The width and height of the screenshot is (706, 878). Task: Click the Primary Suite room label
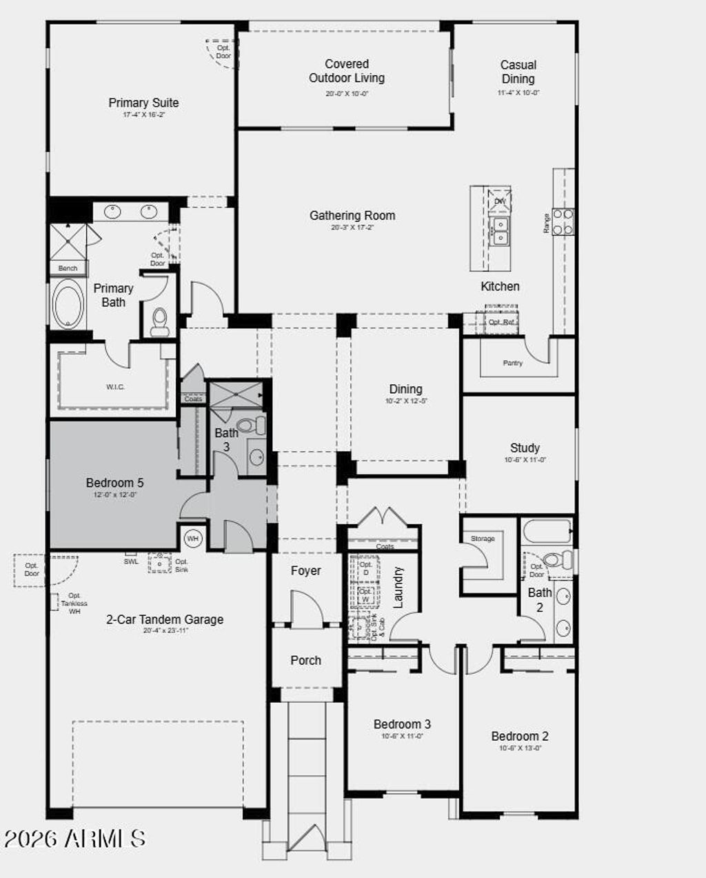[x=143, y=103]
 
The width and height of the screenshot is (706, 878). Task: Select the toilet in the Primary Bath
[x=160, y=321]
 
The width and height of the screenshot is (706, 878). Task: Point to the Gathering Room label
[x=352, y=216]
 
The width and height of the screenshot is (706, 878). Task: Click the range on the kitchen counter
[x=563, y=221]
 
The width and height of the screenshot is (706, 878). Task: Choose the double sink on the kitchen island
[x=499, y=231]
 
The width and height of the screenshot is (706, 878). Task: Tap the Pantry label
[x=513, y=363]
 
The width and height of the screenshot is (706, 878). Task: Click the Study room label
[x=525, y=448]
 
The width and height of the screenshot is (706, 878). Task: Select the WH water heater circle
[x=192, y=538]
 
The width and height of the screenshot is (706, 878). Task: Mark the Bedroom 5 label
[x=115, y=483]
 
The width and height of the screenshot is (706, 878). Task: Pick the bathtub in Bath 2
[x=548, y=532]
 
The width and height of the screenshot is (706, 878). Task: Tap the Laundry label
[x=398, y=587]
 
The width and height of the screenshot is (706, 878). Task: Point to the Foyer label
[x=305, y=571]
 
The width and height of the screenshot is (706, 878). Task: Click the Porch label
[x=305, y=660]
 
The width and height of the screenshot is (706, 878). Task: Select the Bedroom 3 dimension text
[x=402, y=736]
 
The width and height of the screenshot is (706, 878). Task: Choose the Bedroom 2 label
[x=520, y=736]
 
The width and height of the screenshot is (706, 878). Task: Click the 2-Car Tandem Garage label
[x=165, y=619]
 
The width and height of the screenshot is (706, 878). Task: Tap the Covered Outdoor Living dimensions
[x=347, y=94]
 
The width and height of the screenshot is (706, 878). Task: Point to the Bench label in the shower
[x=68, y=268]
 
